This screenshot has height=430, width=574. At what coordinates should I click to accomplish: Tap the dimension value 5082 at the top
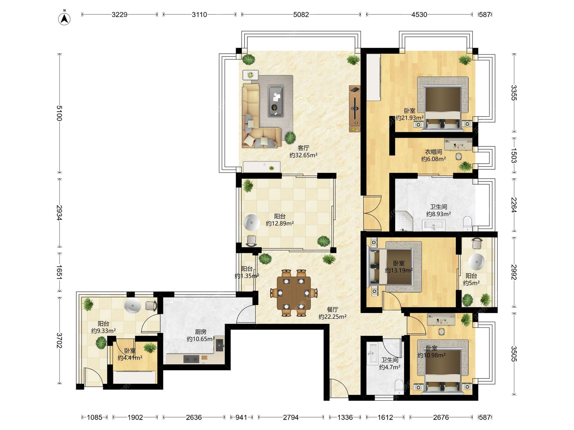pos(301,15)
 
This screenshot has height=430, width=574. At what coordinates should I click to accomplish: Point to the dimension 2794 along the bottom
pos(291,417)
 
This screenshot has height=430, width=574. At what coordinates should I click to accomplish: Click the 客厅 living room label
pos(303,148)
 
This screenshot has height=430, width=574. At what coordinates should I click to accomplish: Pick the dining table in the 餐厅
pos(294,293)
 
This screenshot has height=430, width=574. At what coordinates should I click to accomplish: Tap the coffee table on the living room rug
pos(276,101)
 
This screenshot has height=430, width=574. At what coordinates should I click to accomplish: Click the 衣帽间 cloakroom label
pos(433,152)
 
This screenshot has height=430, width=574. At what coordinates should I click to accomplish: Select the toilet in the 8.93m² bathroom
pos(467,224)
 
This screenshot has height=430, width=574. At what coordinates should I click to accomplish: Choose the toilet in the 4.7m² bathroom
pos(399,387)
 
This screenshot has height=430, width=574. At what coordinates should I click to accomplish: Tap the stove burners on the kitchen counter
pos(191,359)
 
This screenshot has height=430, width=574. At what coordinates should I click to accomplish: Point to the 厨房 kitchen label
pos(201,332)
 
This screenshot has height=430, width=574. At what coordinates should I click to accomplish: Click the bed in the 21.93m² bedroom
pos(443,104)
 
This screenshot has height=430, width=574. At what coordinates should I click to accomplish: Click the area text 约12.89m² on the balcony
pos(280,223)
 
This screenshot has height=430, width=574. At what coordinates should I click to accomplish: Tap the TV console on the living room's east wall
pos(355,109)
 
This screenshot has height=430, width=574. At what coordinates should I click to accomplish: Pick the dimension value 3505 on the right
pos(514,354)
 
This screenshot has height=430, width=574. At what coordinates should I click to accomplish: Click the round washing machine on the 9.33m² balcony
pos(132,306)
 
